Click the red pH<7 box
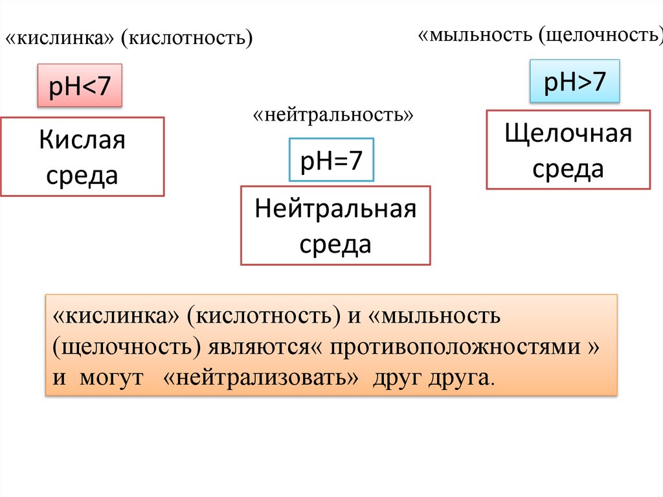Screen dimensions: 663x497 pos(81,86)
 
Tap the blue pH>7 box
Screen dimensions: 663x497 pos(575,82)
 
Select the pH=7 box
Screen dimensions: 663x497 pos(331,159)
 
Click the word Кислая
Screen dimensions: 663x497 pos(82,139)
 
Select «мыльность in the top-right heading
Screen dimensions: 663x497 pos(475,34)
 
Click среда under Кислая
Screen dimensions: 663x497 pos(82,174)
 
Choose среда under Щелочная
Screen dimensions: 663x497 pos(568,169)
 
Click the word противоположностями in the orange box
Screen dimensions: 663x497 pos(456,347)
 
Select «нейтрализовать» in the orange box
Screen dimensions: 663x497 pos(262,378)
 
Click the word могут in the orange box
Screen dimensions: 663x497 pos(111,378)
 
